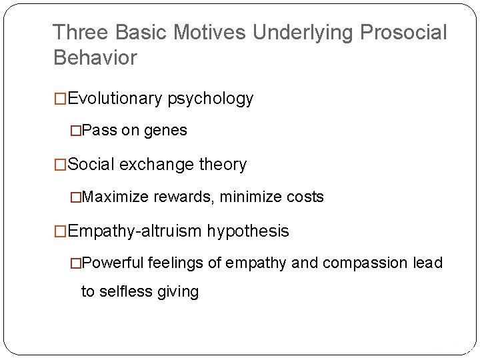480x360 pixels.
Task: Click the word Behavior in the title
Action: [x=95, y=57]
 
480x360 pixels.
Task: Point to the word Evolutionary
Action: [x=115, y=99]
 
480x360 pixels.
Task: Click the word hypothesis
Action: [x=248, y=231]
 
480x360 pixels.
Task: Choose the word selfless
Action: [x=124, y=292]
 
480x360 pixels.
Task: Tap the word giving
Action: [x=177, y=293]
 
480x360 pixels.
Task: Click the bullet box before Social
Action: [x=61, y=164]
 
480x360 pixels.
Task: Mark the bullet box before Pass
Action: [x=77, y=131]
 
